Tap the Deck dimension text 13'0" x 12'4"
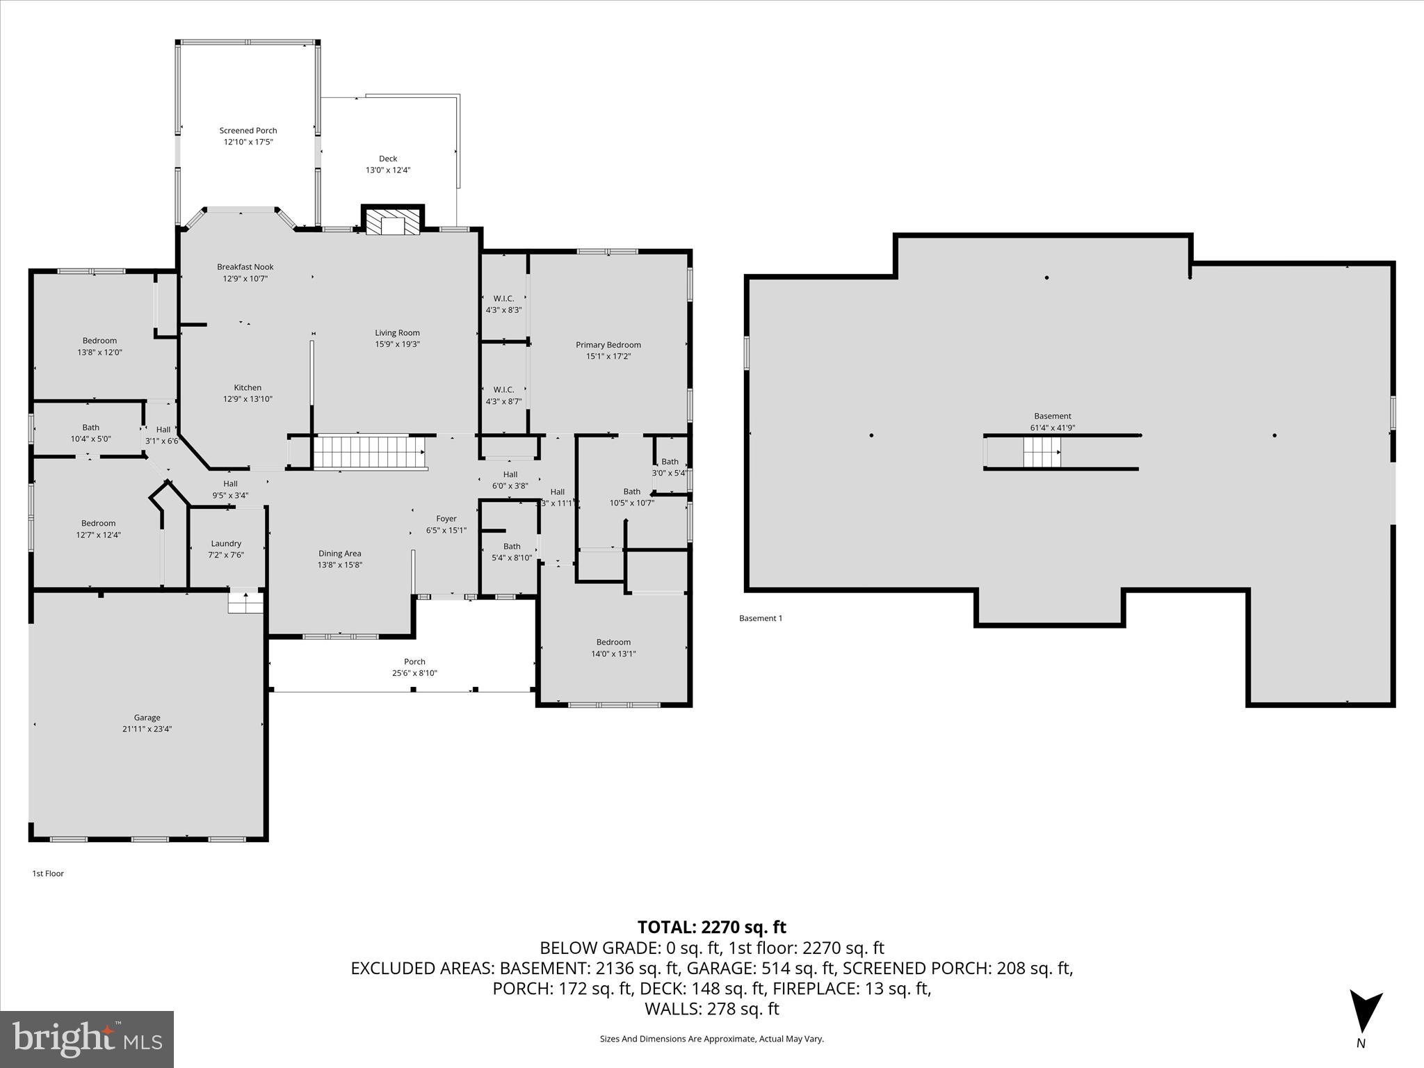(x=388, y=170)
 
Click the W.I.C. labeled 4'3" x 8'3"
(x=503, y=304)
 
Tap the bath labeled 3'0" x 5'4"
(x=670, y=467)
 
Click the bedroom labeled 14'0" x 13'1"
(x=613, y=647)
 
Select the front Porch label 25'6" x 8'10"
(x=414, y=667)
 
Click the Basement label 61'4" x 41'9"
(x=1052, y=422)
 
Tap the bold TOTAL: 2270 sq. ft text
(x=711, y=927)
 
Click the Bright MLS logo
(x=87, y=1039)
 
